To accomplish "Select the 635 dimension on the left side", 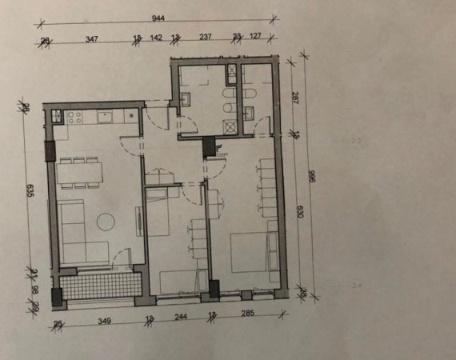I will coord(30,190).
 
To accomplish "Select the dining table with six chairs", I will coord(83,174).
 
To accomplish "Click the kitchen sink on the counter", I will coord(105,118).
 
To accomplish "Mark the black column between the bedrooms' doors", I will coord(210,147).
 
